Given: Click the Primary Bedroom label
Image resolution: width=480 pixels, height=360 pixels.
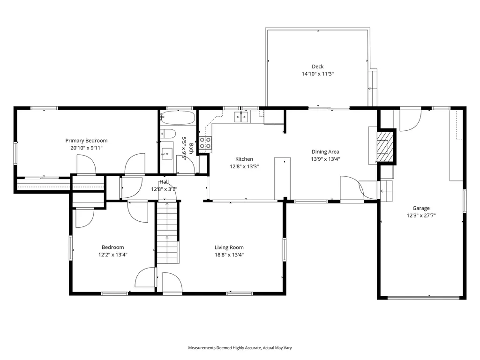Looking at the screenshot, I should point(86,141).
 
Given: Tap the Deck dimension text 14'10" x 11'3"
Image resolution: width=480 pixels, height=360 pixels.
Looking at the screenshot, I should point(317,74).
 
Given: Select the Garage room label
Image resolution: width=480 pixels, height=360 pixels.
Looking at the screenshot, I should point(420,208).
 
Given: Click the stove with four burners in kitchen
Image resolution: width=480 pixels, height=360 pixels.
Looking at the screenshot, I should point(205,143).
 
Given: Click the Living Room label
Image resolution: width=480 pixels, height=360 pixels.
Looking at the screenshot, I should point(229,247).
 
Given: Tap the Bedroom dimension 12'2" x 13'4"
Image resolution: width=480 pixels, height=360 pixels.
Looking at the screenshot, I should point(113,255).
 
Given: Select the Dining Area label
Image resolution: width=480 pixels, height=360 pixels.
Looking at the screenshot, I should point(325,151).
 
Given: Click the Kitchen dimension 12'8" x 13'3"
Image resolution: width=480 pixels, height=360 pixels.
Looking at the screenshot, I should point(244,166).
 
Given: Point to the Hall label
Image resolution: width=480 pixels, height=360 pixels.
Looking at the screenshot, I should point(164,182).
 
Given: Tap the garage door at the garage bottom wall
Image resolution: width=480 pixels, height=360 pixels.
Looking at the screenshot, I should point(424,297).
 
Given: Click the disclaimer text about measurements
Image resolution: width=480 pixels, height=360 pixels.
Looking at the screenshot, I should point(240,348).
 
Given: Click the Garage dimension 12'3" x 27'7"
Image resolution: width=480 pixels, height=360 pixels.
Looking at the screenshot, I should point(421,216).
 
